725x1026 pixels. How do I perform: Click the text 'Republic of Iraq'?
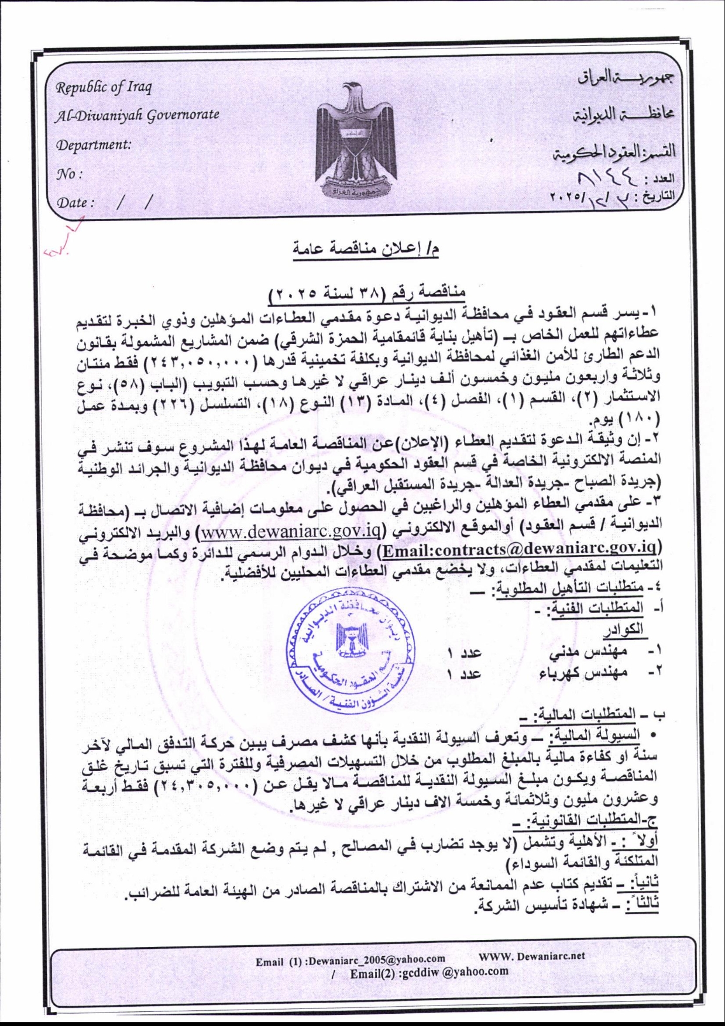point(104,88)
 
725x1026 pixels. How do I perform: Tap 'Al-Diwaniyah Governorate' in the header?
point(138,115)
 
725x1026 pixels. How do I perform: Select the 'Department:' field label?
point(94,144)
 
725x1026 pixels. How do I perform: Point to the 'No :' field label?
point(69,174)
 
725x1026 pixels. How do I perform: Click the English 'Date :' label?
point(76,202)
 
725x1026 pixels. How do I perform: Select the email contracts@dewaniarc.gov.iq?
point(518,549)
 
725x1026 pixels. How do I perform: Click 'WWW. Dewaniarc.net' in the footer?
point(531,956)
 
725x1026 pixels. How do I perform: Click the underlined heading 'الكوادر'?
point(623,629)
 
